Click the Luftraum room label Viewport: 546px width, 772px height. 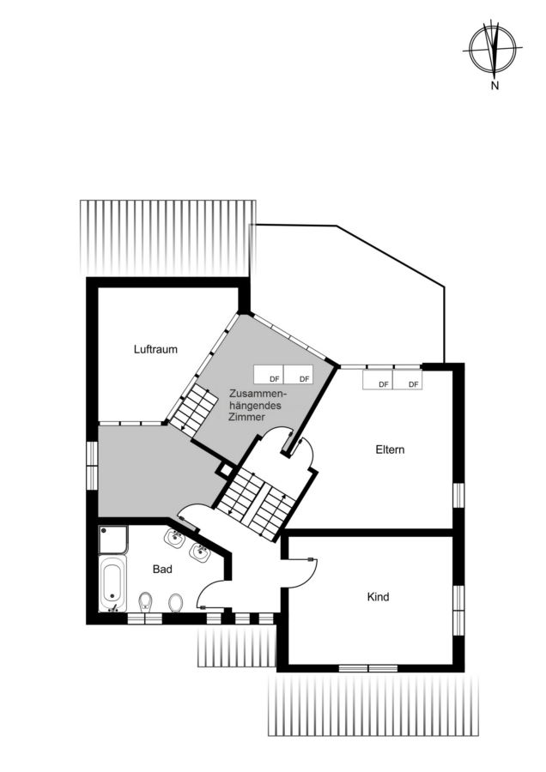[155, 349]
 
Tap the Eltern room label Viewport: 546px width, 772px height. [390, 449]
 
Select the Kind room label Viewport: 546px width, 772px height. [378, 597]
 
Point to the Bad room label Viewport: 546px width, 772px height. [162, 570]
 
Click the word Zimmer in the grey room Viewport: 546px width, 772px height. [246, 417]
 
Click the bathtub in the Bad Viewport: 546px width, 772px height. [112, 583]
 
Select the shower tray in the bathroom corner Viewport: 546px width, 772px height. [112, 540]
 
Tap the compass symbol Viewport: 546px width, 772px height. [493, 49]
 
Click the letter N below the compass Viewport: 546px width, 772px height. [494, 86]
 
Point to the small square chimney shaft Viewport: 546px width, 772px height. [225, 470]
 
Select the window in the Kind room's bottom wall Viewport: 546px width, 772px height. [368, 668]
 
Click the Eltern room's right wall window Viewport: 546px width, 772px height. [458, 495]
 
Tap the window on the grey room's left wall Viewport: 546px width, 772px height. [92, 465]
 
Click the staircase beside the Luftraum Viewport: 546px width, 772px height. [194, 408]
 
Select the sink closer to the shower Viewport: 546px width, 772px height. [174, 539]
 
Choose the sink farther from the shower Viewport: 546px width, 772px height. [199, 552]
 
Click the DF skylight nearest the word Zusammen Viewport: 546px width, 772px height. [269, 374]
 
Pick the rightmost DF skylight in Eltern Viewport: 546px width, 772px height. [408, 380]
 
